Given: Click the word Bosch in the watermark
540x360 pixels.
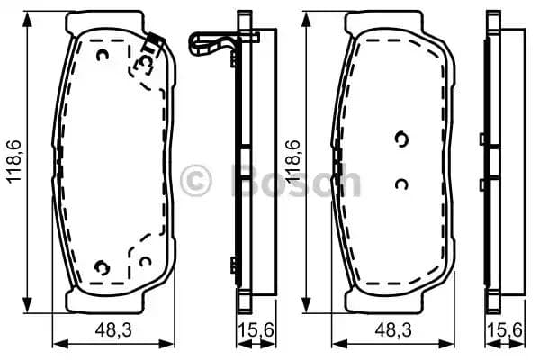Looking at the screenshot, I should [x=297, y=182].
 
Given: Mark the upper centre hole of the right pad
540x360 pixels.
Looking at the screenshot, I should [x=401, y=138].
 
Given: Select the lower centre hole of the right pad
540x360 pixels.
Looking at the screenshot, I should [x=401, y=184].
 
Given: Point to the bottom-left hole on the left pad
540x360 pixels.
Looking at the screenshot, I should [x=101, y=267].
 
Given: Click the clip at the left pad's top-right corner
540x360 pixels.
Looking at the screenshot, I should [x=154, y=40].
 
